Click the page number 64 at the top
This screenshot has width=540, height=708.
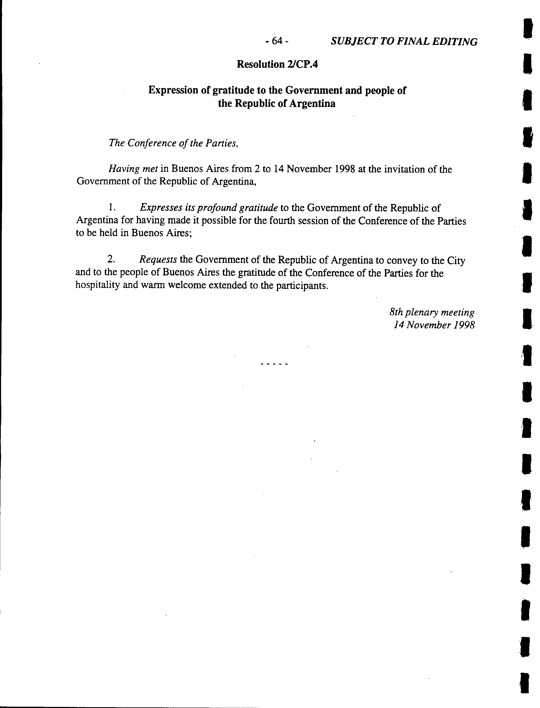click(277, 41)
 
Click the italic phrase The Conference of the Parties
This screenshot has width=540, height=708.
click(174, 143)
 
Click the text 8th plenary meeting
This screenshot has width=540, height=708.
click(432, 312)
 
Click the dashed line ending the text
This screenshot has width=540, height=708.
click(274, 365)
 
